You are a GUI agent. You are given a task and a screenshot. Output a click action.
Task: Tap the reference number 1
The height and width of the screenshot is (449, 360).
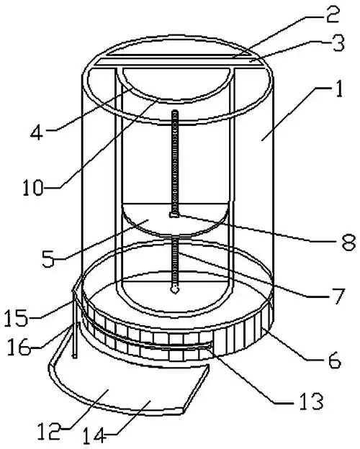(x=338, y=89)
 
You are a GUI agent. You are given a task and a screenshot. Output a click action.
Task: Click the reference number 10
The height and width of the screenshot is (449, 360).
(x=33, y=188)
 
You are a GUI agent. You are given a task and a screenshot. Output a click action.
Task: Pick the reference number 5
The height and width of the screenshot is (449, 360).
(x=48, y=258)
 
